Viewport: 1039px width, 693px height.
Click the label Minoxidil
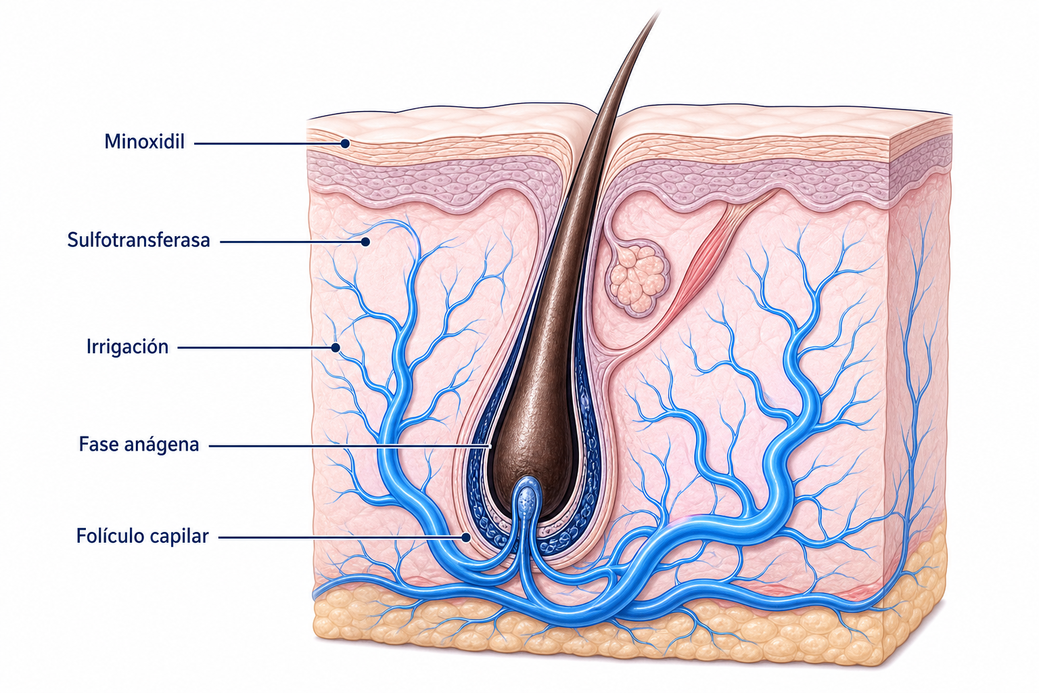(144, 141)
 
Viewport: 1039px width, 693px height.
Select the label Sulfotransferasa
(139, 240)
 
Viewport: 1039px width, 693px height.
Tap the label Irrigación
(128, 346)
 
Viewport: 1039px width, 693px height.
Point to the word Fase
(98, 444)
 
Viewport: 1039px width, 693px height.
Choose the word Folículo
(110, 535)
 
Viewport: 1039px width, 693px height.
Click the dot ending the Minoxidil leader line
(344, 143)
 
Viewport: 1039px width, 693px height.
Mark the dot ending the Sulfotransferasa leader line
(365, 242)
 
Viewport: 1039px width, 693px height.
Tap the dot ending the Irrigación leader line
(336, 347)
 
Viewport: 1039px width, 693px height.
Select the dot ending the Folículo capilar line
(465, 537)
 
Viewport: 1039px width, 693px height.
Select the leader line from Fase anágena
(350, 446)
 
